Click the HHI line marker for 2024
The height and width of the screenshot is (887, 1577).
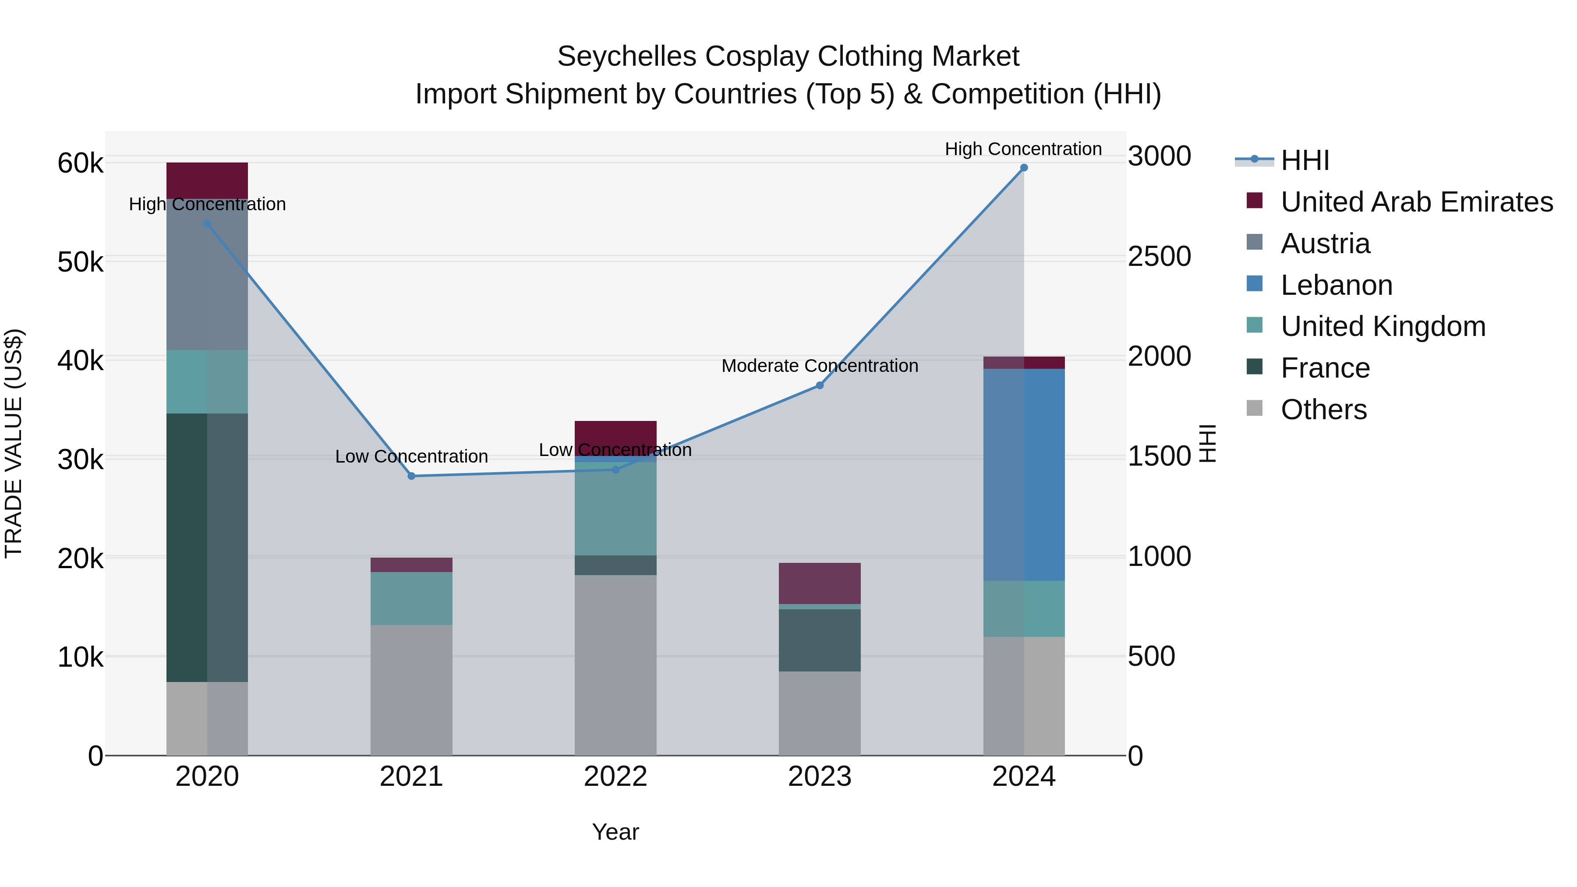click(x=1024, y=168)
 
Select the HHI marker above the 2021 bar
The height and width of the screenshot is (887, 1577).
click(x=411, y=476)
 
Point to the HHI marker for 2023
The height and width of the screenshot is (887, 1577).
click(x=820, y=385)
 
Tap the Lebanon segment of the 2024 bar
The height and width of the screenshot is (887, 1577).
click(x=1024, y=474)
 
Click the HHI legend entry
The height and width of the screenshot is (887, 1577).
click(x=1304, y=160)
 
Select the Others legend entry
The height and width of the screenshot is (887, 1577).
click(x=1323, y=410)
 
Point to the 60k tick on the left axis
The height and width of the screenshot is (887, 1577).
click(x=80, y=163)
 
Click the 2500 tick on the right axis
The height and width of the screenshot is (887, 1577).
click(x=1159, y=257)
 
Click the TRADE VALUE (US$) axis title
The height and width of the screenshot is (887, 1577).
click(x=14, y=443)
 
